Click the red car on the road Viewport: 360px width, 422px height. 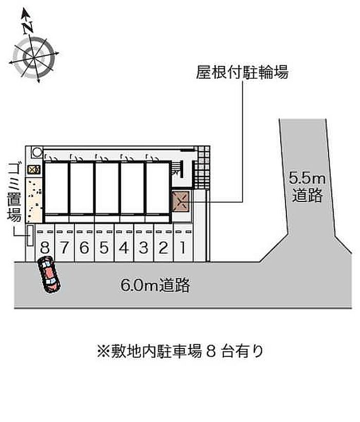pyautogui.click(x=49, y=274)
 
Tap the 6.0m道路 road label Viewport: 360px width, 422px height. pyautogui.click(x=155, y=285)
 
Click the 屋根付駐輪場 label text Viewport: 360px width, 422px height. pyautogui.click(x=242, y=72)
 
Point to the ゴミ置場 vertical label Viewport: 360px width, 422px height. pyautogui.click(x=14, y=192)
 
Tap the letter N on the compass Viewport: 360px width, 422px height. pyautogui.click(x=27, y=28)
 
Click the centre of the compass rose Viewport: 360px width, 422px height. pyautogui.click(x=34, y=58)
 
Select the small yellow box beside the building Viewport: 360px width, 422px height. pyautogui.click(x=34, y=170)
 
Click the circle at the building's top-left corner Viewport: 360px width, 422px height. pyautogui.click(x=37, y=152)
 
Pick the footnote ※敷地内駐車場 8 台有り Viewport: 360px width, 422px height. pyautogui.click(x=180, y=351)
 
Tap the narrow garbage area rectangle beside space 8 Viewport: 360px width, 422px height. pyautogui.click(x=30, y=236)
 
